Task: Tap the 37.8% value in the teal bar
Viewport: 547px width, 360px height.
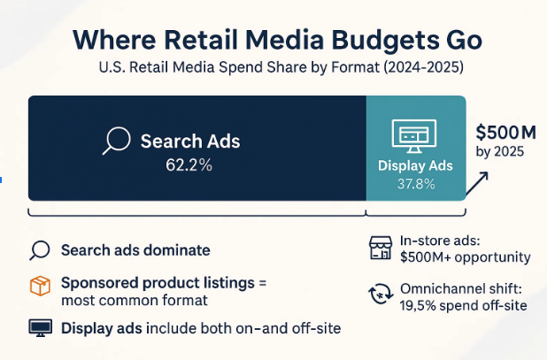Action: click(x=415, y=184)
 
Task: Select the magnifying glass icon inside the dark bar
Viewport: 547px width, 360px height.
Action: click(x=117, y=142)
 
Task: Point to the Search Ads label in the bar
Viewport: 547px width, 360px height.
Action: click(x=189, y=142)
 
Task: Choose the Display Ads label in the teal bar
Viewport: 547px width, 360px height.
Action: click(x=415, y=165)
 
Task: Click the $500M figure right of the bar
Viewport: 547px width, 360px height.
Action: click(x=505, y=133)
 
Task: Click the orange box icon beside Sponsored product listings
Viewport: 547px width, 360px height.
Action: click(x=40, y=286)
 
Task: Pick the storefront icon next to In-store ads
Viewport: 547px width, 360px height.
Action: click(x=379, y=249)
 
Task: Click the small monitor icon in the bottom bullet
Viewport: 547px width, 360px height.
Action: click(x=40, y=328)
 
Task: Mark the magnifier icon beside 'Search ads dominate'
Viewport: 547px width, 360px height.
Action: click(x=39, y=250)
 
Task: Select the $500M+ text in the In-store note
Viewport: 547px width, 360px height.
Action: click(x=427, y=257)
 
